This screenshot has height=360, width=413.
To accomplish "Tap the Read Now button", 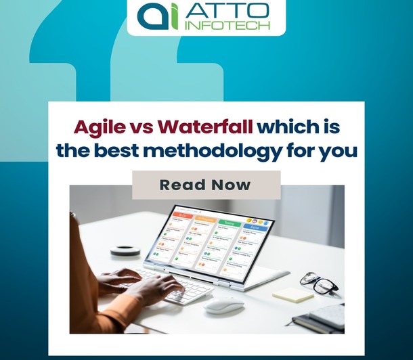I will (206, 185).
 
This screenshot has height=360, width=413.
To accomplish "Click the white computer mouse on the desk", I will (223, 306).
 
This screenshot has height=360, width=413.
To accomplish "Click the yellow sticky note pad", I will (292, 294).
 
